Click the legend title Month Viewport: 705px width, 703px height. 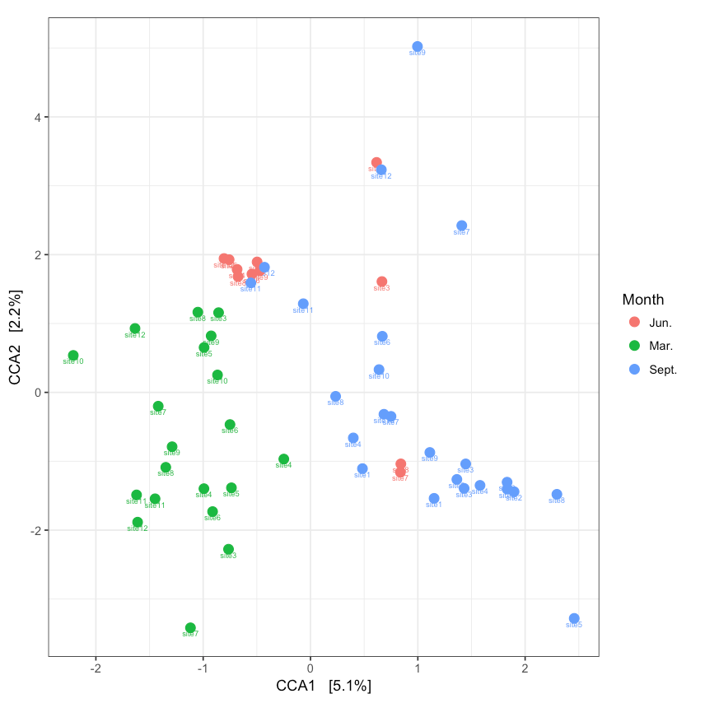pyautogui.click(x=642, y=300)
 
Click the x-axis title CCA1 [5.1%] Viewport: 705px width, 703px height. pyautogui.click(x=324, y=686)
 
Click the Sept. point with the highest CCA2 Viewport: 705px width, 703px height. pyautogui.click(x=418, y=47)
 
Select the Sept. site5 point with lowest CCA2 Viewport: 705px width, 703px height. pyautogui.click(x=574, y=618)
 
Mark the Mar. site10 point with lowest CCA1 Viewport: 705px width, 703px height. pyautogui.click(x=73, y=356)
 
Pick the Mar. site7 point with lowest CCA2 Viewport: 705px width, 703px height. pyautogui.click(x=190, y=628)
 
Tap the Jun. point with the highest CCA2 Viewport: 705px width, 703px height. pyautogui.click(x=376, y=163)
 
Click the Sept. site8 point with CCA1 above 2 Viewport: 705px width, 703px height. pyautogui.click(x=557, y=495)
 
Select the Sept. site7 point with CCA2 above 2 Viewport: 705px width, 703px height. pyautogui.click(x=461, y=226)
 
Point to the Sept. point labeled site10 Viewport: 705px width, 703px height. pyautogui.click(x=379, y=370)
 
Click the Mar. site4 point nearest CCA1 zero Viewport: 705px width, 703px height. pyautogui.click(x=283, y=459)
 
